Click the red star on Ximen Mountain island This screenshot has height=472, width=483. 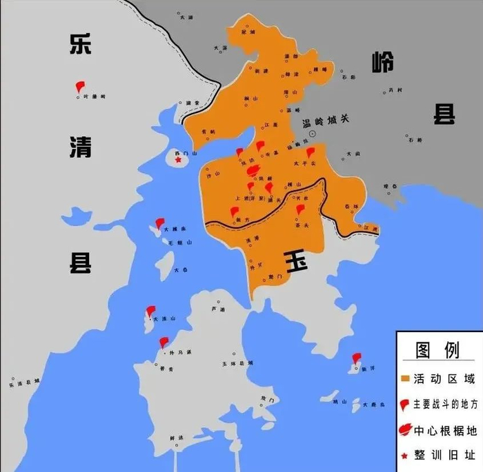coord(178,160)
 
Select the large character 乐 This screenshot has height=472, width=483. coord(80,43)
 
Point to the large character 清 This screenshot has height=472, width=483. coord(80,146)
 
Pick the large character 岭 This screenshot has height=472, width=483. coord(381,63)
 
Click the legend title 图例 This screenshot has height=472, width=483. coord(437,350)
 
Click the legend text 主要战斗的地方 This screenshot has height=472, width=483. coord(444,404)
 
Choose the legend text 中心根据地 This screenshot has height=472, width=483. coord(444,431)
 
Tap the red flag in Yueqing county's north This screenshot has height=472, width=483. coord(79,87)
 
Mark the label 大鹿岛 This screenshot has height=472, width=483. coord(373,404)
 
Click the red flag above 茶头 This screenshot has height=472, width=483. coord(299,209)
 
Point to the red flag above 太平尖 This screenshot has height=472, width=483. coord(310,152)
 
